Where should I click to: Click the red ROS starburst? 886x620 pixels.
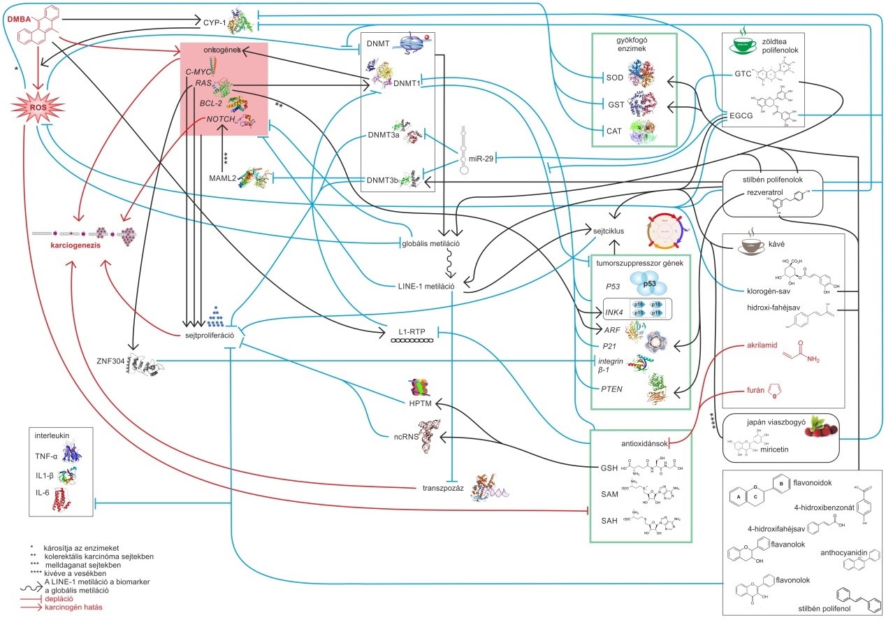point(38,108)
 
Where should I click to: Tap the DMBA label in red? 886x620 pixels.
point(19,20)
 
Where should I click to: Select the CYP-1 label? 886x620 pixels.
point(214,22)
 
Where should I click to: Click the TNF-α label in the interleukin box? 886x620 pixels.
point(46,456)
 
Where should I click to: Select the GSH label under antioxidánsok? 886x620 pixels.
point(609,468)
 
